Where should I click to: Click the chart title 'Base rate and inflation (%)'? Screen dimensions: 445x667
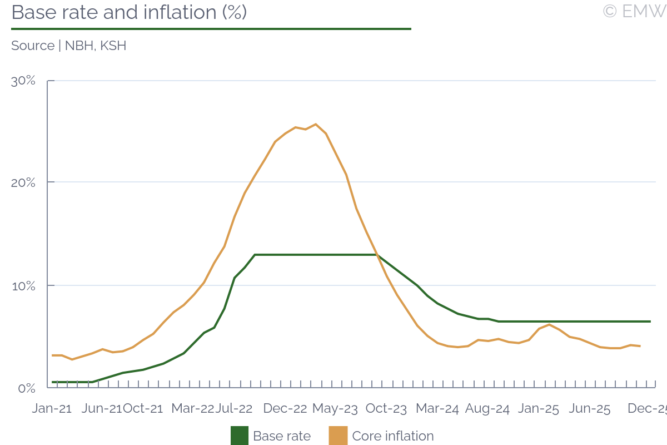click(129, 12)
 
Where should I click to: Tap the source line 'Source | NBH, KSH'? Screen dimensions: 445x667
click(69, 46)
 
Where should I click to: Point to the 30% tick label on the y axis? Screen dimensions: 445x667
click(24, 81)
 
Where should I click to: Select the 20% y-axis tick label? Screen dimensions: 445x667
click(24, 182)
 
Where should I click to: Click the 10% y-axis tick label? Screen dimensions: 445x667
click(24, 286)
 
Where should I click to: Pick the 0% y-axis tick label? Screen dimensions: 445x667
click(27, 388)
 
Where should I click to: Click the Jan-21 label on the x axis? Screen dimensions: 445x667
click(52, 409)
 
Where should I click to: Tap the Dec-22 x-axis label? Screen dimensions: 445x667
click(285, 409)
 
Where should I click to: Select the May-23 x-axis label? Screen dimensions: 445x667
click(335, 409)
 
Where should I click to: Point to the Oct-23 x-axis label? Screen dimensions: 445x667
click(386, 409)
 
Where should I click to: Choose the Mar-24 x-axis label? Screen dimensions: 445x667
click(437, 409)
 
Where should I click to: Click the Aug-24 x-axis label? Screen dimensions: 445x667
click(487, 409)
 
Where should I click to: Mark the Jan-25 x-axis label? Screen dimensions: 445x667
click(538, 409)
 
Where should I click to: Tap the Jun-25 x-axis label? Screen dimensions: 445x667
click(590, 409)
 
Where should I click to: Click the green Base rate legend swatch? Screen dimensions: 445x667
click(240, 436)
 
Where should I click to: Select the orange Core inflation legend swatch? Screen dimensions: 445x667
click(339, 436)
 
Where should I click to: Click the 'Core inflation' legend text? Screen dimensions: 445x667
click(393, 436)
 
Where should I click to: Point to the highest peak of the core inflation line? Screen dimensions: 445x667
click(316, 124)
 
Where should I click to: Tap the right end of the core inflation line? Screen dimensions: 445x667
click(640, 346)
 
